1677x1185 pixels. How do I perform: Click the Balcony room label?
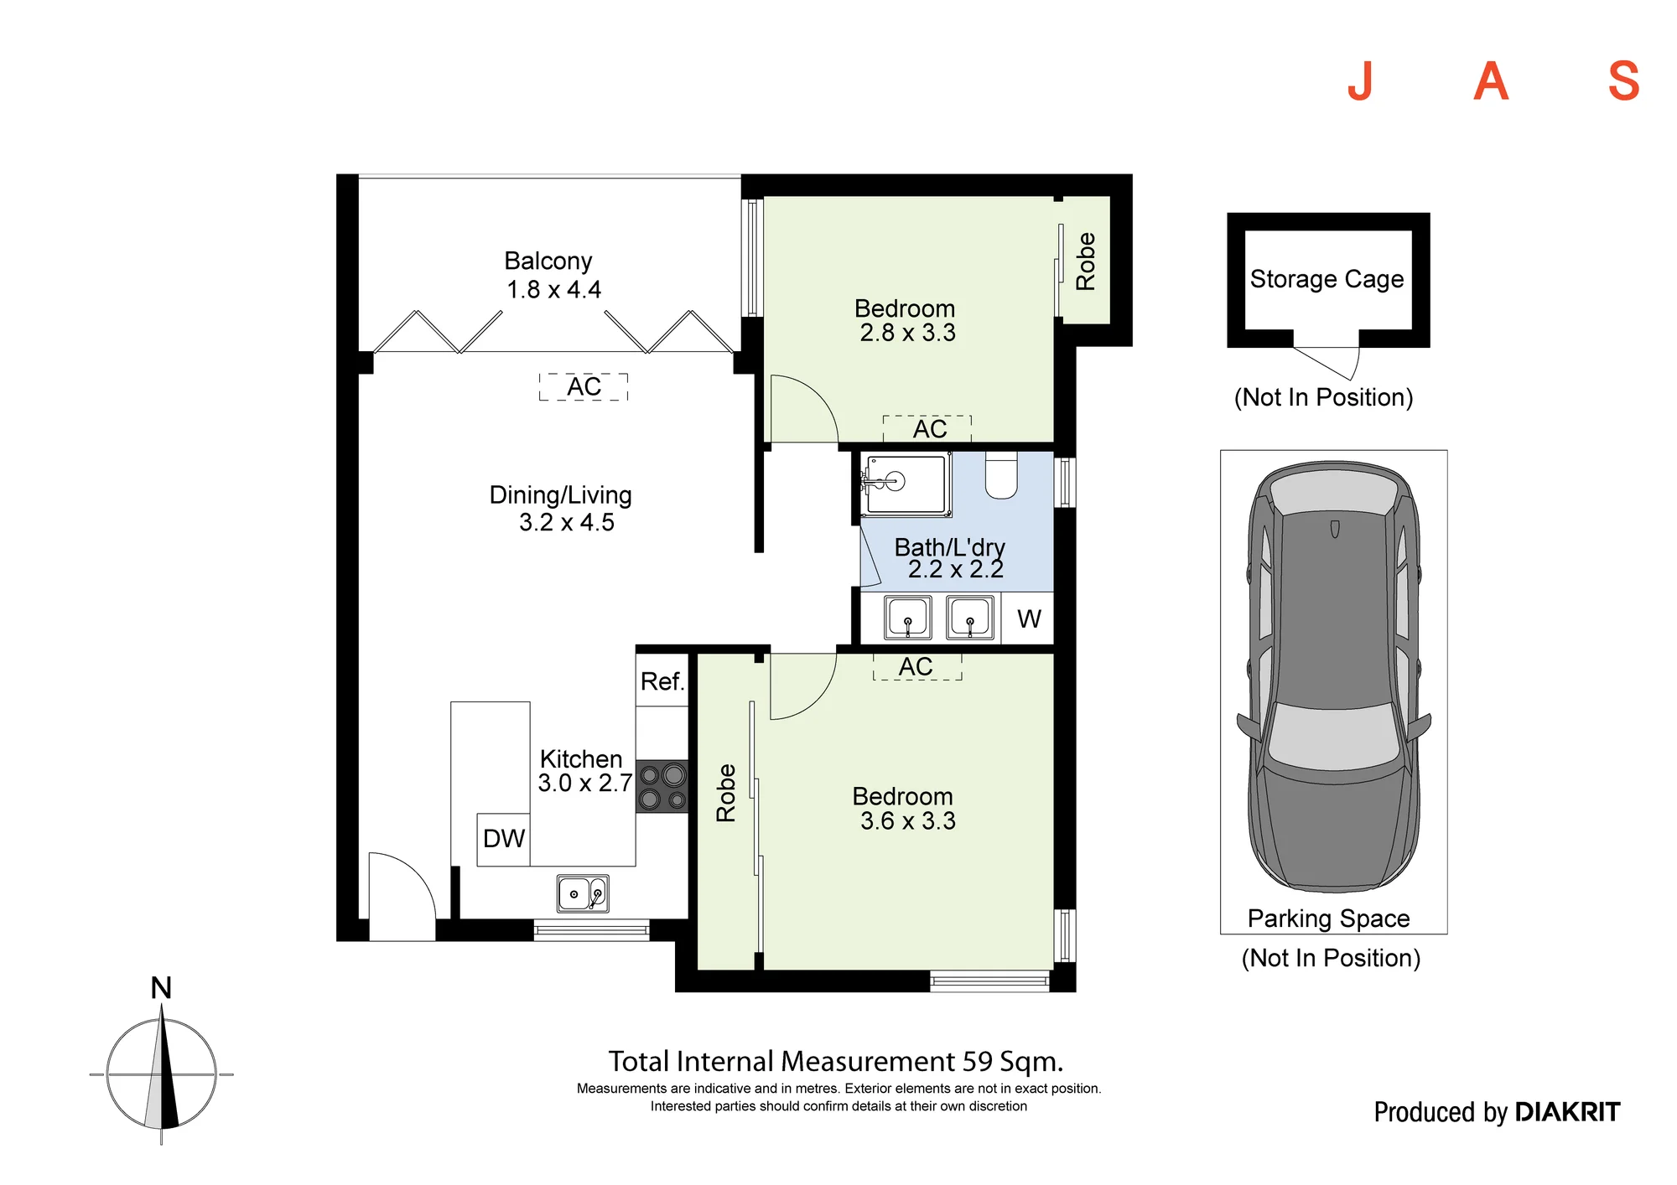pyautogui.click(x=548, y=261)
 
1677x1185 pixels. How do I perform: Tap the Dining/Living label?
pyautogui.click(x=560, y=494)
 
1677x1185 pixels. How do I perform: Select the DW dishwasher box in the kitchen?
pyautogui.click(x=503, y=839)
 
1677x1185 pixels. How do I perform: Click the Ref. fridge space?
pyautogui.click(x=662, y=680)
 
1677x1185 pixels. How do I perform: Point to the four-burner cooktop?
pyautogui.click(x=662, y=786)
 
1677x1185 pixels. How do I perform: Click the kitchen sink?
pyautogui.click(x=583, y=893)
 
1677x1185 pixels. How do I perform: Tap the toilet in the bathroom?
pyautogui.click(x=1000, y=475)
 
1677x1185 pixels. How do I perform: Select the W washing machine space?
pyautogui.click(x=1028, y=618)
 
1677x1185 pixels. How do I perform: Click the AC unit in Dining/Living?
pyautogui.click(x=584, y=387)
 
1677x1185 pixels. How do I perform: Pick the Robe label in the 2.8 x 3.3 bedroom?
pyautogui.click(x=1086, y=261)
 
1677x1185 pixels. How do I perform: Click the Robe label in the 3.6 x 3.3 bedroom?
pyautogui.click(x=726, y=793)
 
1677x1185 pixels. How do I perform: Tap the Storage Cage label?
pyautogui.click(x=1327, y=278)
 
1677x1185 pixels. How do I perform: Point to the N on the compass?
pyautogui.click(x=161, y=988)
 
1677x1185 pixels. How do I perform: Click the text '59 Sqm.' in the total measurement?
pyautogui.click(x=1013, y=1062)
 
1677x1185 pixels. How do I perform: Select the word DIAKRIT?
pyautogui.click(x=1568, y=1112)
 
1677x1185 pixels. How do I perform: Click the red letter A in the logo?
pyautogui.click(x=1491, y=82)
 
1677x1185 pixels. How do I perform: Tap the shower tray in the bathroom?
pyautogui.click(x=906, y=484)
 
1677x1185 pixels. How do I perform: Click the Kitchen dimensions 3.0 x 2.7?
pyautogui.click(x=584, y=783)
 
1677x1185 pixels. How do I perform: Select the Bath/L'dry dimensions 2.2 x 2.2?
pyautogui.click(x=955, y=570)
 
